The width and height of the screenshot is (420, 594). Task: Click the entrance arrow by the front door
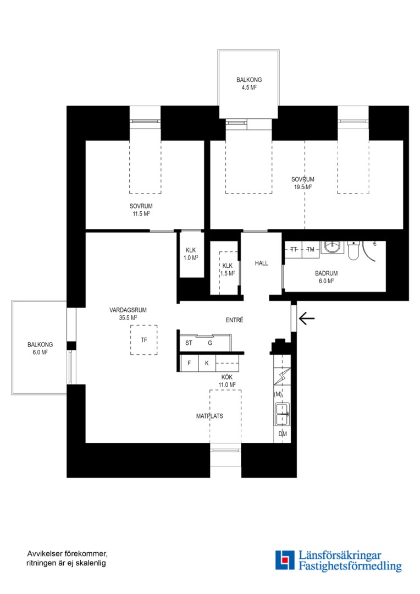click(x=307, y=318)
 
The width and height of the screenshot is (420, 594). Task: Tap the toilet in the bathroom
click(x=353, y=250)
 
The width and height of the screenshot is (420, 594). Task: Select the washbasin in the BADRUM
click(x=333, y=248)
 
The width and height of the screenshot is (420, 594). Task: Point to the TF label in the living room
click(x=144, y=340)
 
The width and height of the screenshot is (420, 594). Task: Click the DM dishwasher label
click(x=283, y=434)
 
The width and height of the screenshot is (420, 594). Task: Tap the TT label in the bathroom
click(x=294, y=249)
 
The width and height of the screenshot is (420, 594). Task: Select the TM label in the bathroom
click(x=311, y=249)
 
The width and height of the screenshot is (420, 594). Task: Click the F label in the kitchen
click(x=189, y=363)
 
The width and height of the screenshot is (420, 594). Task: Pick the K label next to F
click(x=207, y=363)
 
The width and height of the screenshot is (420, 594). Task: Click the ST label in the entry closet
click(x=189, y=343)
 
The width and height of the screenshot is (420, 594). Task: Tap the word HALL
click(x=261, y=263)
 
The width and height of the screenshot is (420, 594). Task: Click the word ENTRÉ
click(x=234, y=320)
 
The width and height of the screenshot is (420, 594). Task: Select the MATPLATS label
click(x=209, y=416)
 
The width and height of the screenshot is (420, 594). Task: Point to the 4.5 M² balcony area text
click(x=249, y=87)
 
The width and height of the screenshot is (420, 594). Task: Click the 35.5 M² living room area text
click(x=128, y=318)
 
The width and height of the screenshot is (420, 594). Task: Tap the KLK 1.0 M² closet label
click(x=191, y=254)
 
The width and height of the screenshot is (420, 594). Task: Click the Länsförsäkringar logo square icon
click(x=285, y=560)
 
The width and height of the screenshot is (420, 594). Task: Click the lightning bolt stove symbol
click(x=282, y=377)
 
